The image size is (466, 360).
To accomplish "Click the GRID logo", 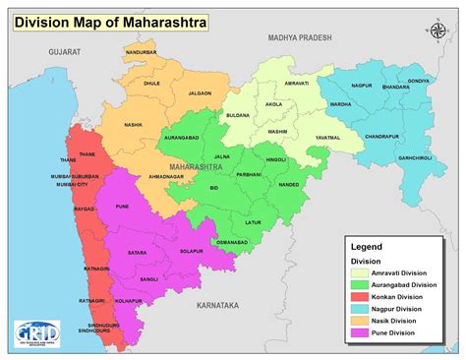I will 30,335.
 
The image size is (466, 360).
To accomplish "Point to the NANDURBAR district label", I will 142,52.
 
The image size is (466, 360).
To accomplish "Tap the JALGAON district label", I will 200,92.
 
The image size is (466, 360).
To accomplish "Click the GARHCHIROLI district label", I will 414,158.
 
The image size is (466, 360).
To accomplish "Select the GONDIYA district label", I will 419,81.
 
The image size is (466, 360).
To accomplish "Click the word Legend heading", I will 369,246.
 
